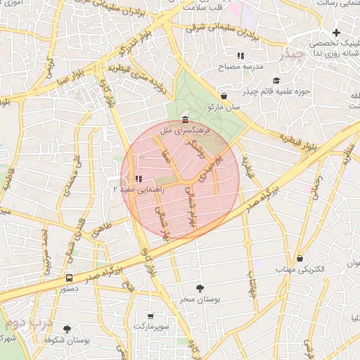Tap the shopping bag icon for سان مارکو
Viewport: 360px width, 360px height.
point(224,96)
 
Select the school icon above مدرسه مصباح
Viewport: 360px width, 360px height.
point(240,55)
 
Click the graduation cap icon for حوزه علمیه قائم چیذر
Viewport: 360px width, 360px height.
point(276,81)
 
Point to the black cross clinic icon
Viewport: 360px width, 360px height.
point(337,32)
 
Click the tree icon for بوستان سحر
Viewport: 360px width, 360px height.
point(200,288)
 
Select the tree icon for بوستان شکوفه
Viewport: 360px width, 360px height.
point(67,328)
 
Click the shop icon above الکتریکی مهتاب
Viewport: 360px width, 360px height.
point(300,258)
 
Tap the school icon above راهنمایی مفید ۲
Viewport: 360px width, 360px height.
point(138,179)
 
